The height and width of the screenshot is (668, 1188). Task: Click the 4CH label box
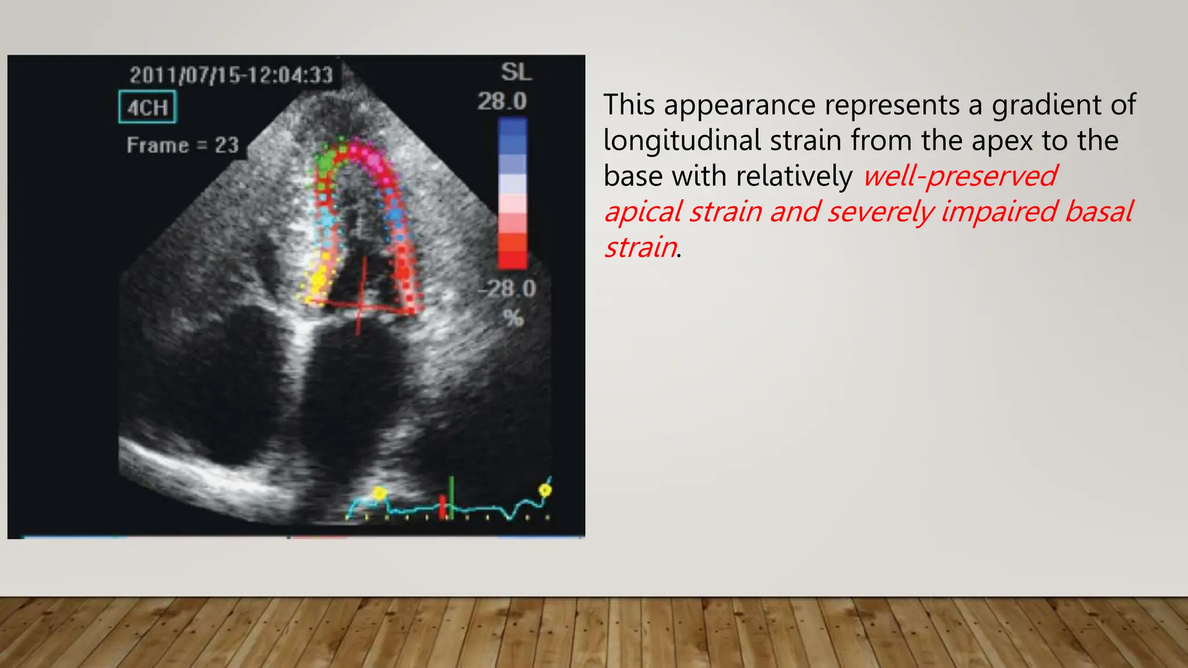(x=147, y=107)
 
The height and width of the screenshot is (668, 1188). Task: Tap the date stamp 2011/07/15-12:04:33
(x=231, y=75)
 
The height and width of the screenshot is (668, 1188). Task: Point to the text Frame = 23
(x=183, y=145)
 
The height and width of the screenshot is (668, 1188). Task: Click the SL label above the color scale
(x=516, y=72)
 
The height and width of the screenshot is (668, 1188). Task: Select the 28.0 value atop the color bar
(x=502, y=102)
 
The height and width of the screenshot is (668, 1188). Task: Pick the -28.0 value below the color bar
(x=508, y=288)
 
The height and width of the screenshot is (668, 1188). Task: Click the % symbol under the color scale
(x=513, y=318)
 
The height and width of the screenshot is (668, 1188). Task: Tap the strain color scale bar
(x=512, y=193)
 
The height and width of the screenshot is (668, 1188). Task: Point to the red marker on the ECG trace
(x=443, y=506)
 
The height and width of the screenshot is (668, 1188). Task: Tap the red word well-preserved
(x=960, y=176)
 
